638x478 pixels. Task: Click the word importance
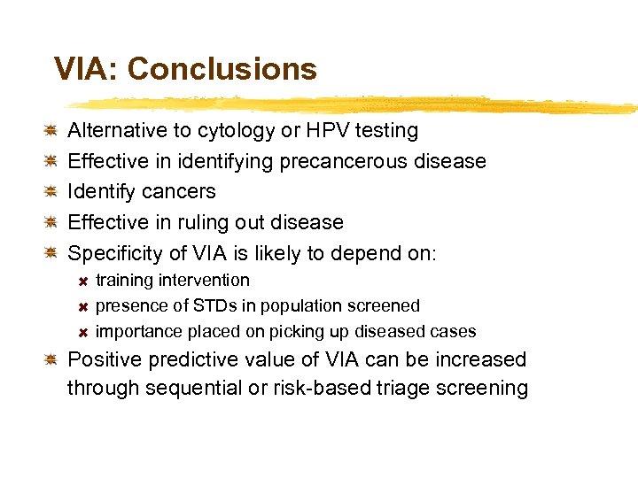coord(140,332)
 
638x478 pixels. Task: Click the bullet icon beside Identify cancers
coord(52,191)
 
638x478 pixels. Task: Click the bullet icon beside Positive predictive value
coord(52,359)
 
